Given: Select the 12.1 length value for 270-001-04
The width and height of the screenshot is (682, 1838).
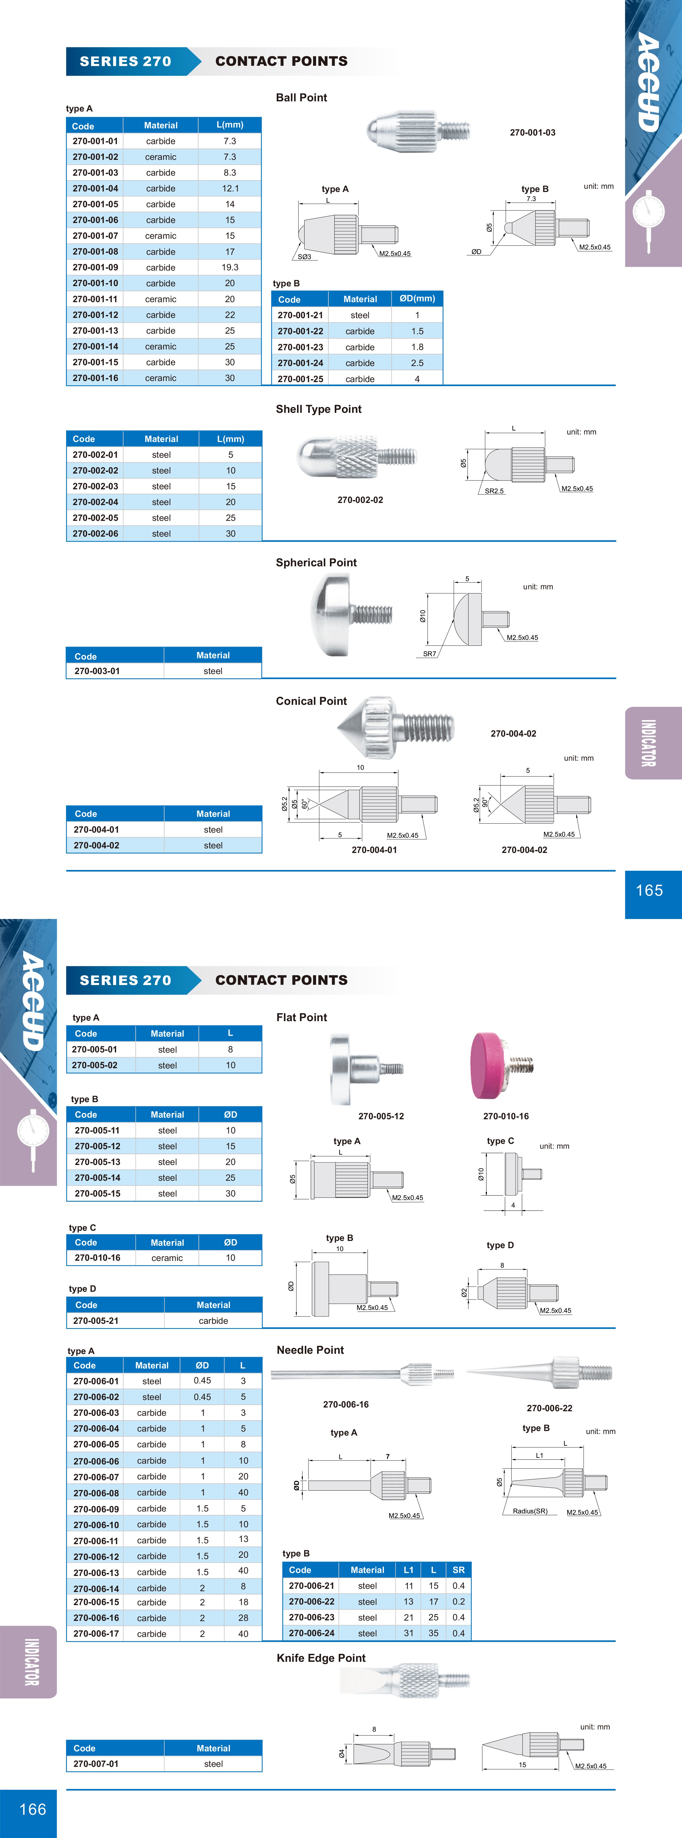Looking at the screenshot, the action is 230,188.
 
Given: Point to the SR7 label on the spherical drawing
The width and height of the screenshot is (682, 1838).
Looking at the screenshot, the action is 429,653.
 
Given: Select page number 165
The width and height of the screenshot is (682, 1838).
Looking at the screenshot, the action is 649,890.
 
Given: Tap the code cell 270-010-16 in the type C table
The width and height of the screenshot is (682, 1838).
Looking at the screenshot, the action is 97,1258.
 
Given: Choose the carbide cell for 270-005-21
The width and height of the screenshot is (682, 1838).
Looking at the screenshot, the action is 213,1321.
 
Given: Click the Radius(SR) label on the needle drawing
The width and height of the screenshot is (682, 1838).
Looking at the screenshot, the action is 530,1511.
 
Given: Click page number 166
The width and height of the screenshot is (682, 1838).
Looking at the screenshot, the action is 33,1809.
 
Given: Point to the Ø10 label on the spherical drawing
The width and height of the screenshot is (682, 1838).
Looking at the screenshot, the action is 422,617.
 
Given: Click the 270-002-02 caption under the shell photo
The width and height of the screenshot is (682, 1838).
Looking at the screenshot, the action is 360,500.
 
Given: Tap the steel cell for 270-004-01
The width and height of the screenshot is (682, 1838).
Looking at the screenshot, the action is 213,830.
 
